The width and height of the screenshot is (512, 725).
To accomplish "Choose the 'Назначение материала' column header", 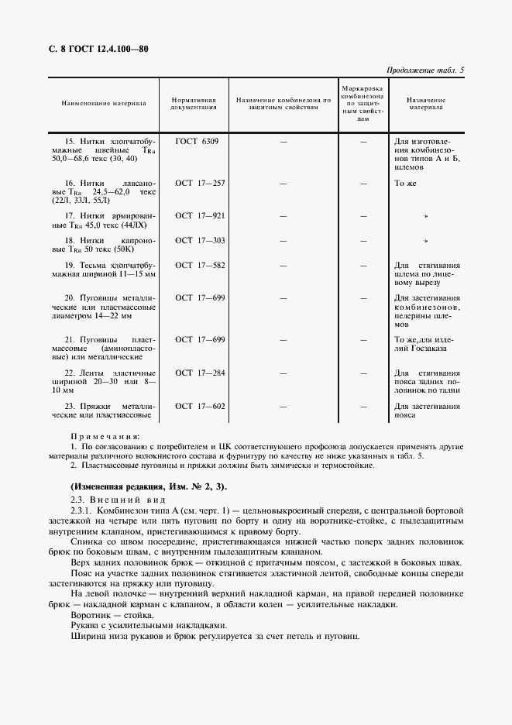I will pyautogui.click(x=425, y=104).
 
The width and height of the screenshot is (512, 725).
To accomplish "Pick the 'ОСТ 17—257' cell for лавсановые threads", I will pyautogui.click(x=200, y=183).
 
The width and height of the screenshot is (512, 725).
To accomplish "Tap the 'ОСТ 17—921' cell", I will pyautogui.click(x=200, y=215).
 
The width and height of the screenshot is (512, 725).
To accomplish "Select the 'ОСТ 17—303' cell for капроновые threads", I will pyautogui.click(x=200, y=240).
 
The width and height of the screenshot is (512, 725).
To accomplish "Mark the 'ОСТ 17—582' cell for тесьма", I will pyautogui.click(x=200, y=266).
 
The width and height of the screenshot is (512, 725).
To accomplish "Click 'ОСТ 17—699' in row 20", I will pyautogui.click(x=200, y=297).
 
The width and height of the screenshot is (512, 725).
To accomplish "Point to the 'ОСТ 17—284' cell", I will pyautogui.click(x=200, y=373).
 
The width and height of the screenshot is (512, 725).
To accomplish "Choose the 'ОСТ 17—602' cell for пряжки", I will pyautogui.click(x=200, y=406).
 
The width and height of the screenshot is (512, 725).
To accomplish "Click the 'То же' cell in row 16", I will pyautogui.click(x=406, y=183).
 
